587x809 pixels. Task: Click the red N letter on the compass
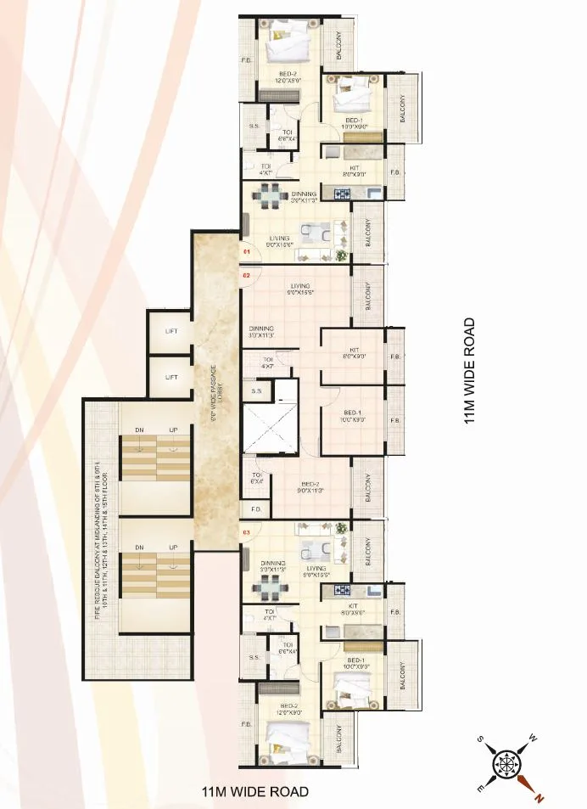point(537,796)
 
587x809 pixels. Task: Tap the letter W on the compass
point(533,737)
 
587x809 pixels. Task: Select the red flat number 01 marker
point(247,253)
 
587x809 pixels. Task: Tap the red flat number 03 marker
point(247,532)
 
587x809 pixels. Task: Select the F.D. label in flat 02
point(255,509)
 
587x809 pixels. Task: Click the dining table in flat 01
point(269,196)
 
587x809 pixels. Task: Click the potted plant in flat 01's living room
point(341,253)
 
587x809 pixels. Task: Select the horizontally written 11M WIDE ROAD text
point(254,791)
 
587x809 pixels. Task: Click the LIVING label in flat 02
point(299,288)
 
